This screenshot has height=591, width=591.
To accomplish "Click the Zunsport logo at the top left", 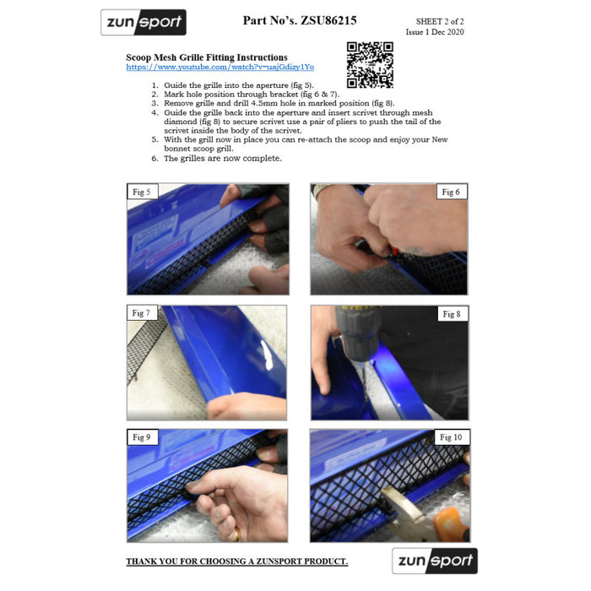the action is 144,22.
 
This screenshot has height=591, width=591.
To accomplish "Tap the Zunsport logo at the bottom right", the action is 435,561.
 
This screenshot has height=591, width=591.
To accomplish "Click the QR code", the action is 370,65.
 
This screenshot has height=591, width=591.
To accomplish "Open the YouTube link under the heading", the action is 220,67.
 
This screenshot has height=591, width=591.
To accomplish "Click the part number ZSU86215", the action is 328,20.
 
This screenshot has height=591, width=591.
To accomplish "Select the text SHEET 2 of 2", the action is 440,21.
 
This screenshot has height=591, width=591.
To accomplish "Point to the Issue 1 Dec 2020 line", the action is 435,32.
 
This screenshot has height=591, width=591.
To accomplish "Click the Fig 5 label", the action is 142,192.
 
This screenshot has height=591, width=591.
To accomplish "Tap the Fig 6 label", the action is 451,192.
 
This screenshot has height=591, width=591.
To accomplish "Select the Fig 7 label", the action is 141,313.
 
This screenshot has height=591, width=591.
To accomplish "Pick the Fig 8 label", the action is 452,313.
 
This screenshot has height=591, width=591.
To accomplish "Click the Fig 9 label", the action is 142,437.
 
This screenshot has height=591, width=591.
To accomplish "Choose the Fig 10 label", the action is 451,437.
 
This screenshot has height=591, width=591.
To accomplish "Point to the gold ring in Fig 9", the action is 237,534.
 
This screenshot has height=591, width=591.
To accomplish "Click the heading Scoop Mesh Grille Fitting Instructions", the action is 207,57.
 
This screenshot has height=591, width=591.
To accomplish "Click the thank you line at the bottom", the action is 237,561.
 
